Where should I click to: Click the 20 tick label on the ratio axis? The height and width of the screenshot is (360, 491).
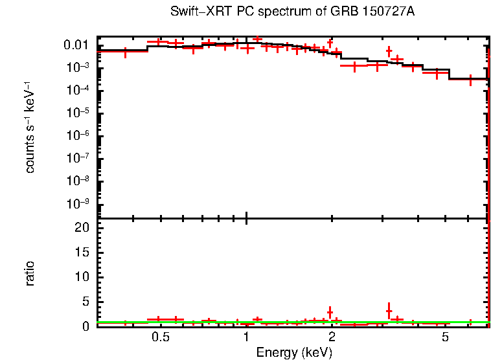tap(82, 228)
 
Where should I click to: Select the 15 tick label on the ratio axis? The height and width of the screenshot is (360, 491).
tap(82, 253)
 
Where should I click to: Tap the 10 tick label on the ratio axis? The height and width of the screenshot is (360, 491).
tap(82, 277)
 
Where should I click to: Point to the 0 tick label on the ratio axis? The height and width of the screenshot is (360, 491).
tap(86, 326)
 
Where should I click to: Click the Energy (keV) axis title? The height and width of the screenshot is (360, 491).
tap(294, 353)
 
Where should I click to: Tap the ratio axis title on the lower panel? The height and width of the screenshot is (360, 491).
tap(30, 273)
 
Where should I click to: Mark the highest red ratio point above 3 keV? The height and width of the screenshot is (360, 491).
tap(389, 311)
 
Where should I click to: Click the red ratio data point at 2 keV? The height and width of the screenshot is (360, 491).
tap(330, 313)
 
